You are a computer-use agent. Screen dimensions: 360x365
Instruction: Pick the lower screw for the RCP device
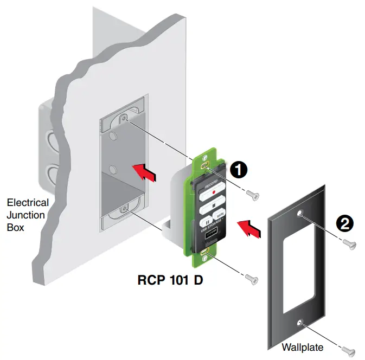point(251,279)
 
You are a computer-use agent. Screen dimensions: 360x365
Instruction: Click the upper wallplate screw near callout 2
point(351,246)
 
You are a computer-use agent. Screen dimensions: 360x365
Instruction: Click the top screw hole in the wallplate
point(300,215)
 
